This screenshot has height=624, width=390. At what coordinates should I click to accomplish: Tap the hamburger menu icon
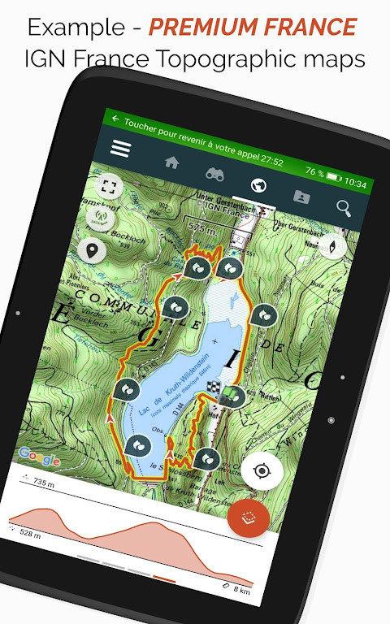(121, 149)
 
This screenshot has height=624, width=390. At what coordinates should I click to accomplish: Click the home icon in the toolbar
(171, 162)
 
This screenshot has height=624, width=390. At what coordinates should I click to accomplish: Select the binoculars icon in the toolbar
(215, 173)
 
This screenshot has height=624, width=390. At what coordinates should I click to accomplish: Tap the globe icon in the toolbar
(259, 185)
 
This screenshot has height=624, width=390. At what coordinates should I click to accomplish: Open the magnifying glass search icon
(344, 208)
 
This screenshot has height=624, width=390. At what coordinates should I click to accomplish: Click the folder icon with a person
(301, 196)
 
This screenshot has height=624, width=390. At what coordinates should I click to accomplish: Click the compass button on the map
(333, 245)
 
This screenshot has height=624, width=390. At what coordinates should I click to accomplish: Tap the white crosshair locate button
(262, 470)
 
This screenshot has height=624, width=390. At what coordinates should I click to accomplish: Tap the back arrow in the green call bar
(115, 119)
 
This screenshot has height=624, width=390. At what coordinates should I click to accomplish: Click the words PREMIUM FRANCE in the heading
(253, 27)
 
